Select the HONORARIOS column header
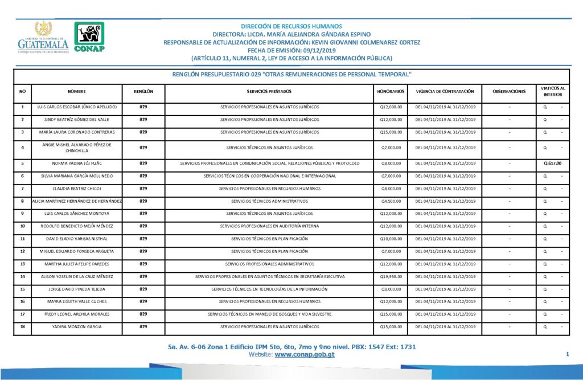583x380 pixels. [391, 91]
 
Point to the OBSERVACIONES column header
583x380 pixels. [510, 91]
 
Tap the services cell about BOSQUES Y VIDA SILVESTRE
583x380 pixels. [269, 314]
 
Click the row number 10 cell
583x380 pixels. [22, 226]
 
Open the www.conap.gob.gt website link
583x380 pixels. [305, 354]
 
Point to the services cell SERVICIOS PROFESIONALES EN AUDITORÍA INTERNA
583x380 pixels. [269, 226]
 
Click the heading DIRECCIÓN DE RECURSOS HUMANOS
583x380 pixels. [291, 26]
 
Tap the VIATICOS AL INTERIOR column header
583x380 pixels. [553, 91]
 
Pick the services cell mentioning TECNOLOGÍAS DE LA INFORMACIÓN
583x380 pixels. [269, 289]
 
